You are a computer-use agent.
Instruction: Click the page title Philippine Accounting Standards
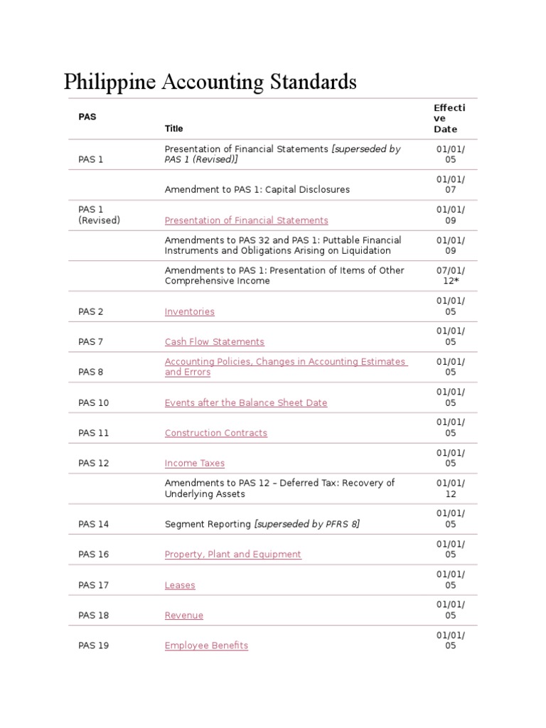click(x=210, y=82)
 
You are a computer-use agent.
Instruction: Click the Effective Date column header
click(x=449, y=118)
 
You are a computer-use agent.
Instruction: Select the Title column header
click(x=173, y=129)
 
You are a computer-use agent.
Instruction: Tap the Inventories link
click(x=189, y=311)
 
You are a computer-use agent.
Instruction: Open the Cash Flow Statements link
click(x=214, y=342)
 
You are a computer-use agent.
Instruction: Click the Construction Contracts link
click(x=215, y=433)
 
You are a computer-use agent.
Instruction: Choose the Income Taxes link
click(x=194, y=464)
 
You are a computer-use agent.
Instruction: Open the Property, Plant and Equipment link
click(x=232, y=555)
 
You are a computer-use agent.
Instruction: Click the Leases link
click(x=179, y=585)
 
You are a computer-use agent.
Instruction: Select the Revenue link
click(x=183, y=616)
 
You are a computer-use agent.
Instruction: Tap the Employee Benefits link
click(x=206, y=646)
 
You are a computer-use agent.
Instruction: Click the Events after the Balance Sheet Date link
click(x=245, y=402)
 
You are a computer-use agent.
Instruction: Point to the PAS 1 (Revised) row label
click(x=99, y=215)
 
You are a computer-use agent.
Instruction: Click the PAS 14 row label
click(x=94, y=524)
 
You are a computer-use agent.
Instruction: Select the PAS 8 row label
click(x=91, y=372)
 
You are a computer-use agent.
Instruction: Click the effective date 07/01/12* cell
click(x=450, y=276)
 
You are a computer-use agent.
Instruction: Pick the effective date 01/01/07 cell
click(x=450, y=185)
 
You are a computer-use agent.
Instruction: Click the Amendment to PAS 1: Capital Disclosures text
click(x=257, y=190)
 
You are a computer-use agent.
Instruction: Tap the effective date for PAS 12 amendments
click(x=450, y=488)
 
